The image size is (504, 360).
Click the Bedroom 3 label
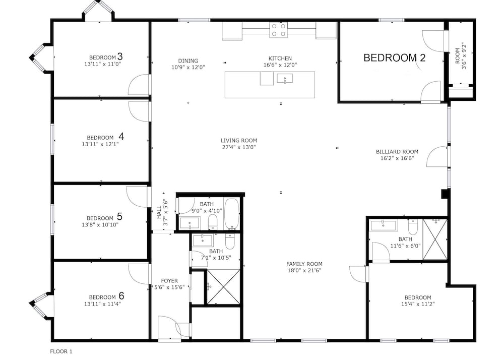pyautogui.click(x=106, y=57)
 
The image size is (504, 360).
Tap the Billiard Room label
pyautogui.click(x=397, y=152)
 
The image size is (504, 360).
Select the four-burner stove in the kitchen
pyautogui.click(x=278, y=30)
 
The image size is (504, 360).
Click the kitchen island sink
pyautogui.click(x=285, y=79)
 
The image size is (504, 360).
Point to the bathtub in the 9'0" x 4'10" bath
pyautogui.click(x=231, y=214)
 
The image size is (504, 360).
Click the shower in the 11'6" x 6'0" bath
pyautogui.click(x=434, y=239)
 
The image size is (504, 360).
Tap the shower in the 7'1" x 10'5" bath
pyautogui.click(x=223, y=286)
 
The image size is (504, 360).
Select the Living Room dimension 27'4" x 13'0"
pyautogui.click(x=238, y=148)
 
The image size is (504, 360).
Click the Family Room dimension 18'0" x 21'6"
pyautogui.click(x=304, y=271)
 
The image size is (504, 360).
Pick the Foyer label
pyautogui.click(x=169, y=281)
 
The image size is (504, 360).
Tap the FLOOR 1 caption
pyautogui.click(x=61, y=351)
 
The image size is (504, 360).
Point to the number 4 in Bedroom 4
pyautogui.click(x=121, y=137)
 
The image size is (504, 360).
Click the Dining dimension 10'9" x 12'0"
pyautogui.click(x=188, y=68)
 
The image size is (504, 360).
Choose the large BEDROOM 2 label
pyautogui.click(x=395, y=58)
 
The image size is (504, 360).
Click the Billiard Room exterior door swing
pyautogui.click(x=437, y=156)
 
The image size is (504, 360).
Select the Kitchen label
pyautogui.click(x=280, y=58)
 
